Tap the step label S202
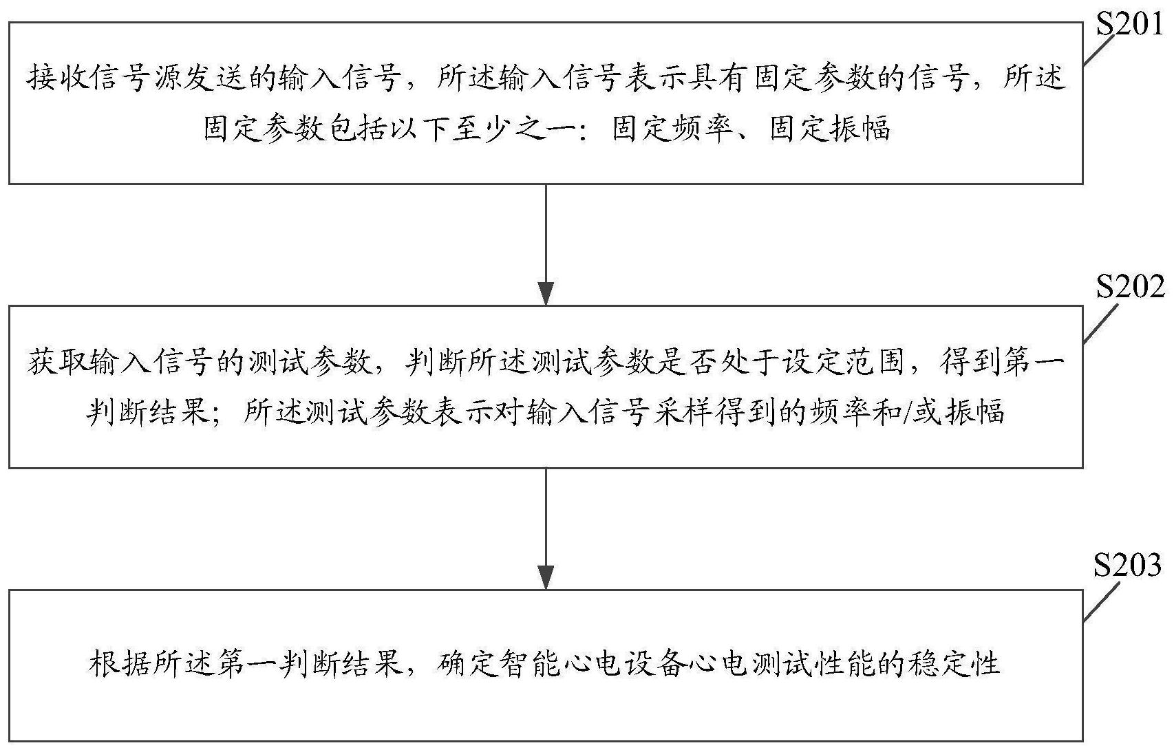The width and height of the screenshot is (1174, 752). click(x=1131, y=287)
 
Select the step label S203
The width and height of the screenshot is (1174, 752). click(x=1127, y=566)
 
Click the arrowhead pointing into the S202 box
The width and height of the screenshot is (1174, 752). click(x=546, y=294)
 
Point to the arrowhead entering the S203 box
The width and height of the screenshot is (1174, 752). click(x=546, y=578)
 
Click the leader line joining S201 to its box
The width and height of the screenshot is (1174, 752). click(x=1099, y=50)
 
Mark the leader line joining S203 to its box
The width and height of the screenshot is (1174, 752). click(x=1101, y=601)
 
